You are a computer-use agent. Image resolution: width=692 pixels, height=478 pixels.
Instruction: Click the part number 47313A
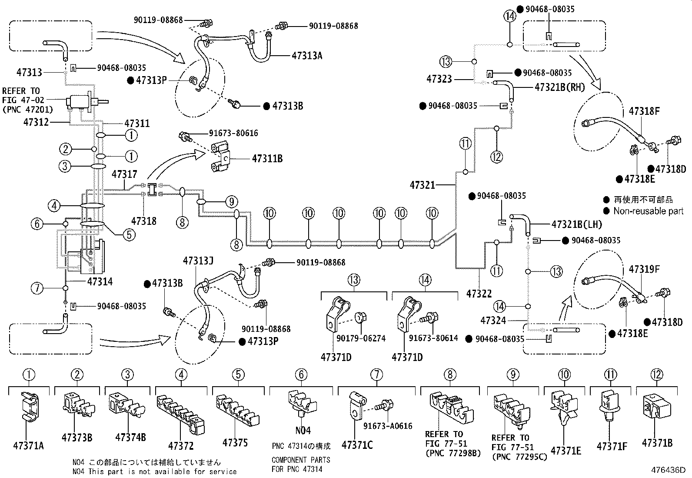pyautogui.click(x=307, y=56)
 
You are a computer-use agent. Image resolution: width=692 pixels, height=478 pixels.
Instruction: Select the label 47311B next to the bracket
pyautogui.click(x=267, y=159)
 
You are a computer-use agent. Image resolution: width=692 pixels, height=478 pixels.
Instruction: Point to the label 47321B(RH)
pyautogui.click(x=560, y=87)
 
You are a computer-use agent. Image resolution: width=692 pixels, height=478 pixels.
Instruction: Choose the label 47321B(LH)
pyautogui.click(x=577, y=224)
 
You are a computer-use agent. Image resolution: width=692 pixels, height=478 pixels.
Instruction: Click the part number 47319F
pyautogui.click(x=644, y=269)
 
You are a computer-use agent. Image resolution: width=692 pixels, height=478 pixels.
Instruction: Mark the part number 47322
pyautogui.click(x=479, y=294)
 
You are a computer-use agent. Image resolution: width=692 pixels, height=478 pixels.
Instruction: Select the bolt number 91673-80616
pyautogui.click(x=233, y=133)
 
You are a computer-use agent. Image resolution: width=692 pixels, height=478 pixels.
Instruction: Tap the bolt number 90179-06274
pyautogui.click(x=361, y=338)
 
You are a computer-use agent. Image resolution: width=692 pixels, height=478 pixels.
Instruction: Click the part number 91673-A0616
pyautogui.click(x=388, y=426)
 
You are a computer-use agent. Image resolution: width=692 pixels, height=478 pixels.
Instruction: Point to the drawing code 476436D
pyautogui.click(x=668, y=470)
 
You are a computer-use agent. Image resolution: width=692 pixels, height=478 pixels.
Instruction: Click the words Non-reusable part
pyautogui.click(x=649, y=211)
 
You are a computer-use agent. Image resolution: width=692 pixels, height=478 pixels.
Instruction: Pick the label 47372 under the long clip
pyautogui.click(x=181, y=446)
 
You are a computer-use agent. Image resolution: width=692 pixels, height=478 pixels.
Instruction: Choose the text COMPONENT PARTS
pyautogui.click(x=301, y=460)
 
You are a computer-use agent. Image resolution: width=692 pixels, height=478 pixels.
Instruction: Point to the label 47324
pyautogui.click(x=493, y=320)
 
